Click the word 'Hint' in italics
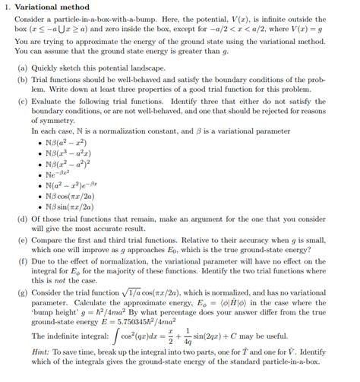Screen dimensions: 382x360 (40, 360)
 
